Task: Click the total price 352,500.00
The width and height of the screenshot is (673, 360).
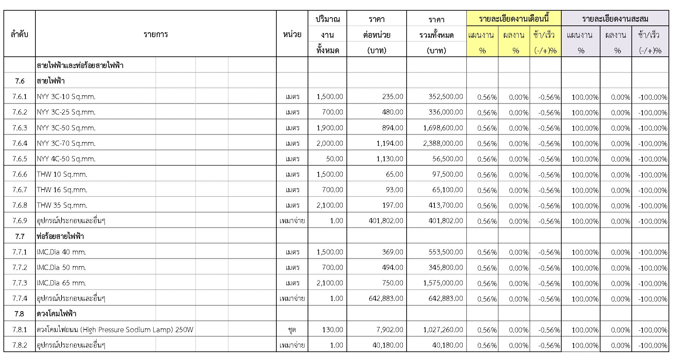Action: click(445, 97)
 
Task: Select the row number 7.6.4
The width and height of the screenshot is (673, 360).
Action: click(20, 143)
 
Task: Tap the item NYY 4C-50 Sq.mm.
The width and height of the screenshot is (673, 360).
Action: click(66, 159)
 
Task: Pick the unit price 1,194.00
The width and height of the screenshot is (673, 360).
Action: click(389, 143)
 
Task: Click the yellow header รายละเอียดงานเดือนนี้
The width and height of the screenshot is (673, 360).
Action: click(514, 19)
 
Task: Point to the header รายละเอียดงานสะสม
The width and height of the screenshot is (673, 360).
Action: click(615, 19)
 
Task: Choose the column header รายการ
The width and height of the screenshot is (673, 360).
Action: click(156, 34)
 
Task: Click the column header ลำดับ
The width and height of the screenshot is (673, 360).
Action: click(20, 34)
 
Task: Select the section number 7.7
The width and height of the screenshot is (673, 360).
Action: click(20, 236)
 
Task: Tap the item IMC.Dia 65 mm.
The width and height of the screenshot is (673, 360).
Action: click(62, 283)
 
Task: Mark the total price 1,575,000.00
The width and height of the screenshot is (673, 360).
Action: click(443, 283)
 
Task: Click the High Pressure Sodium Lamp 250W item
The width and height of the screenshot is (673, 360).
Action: click(115, 330)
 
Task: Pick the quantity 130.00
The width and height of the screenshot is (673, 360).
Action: click(332, 330)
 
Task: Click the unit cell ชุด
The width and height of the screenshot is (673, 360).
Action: click(292, 330)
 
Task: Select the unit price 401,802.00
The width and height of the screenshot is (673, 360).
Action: click(386, 221)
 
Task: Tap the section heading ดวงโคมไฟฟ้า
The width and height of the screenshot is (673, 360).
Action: click(56, 314)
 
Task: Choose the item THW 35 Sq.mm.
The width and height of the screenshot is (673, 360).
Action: click(62, 205)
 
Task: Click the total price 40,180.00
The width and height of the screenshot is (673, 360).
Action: click(448, 345)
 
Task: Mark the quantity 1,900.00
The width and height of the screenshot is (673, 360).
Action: click(330, 128)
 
